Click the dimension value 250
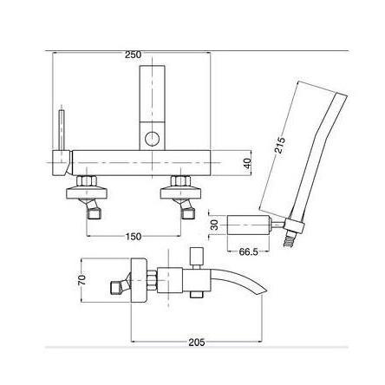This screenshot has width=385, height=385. [133, 55]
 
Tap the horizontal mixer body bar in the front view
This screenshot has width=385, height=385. [139, 161]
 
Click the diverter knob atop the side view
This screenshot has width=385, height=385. [195, 256]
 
